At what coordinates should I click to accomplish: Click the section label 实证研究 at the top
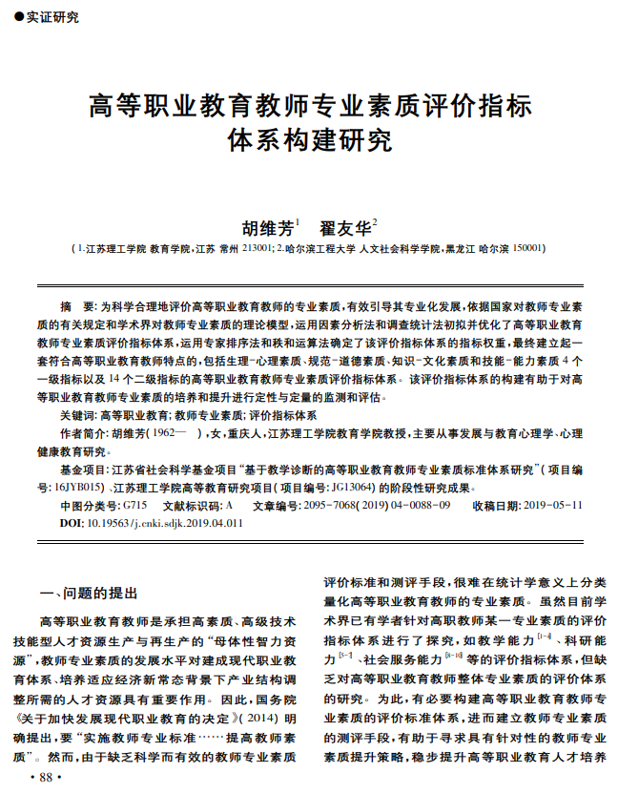(x=52, y=16)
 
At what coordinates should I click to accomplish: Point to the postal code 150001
(x=528, y=248)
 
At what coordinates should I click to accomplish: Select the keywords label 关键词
(x=76, y=416)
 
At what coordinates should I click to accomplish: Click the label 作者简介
(x=84, y=434)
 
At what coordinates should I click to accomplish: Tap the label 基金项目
(x=84, y=470)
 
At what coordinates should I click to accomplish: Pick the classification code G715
(x=134, y=505)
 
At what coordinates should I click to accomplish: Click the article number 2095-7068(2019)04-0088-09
(x=364, y=505)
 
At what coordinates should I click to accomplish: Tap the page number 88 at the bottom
(x=45, y=779)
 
